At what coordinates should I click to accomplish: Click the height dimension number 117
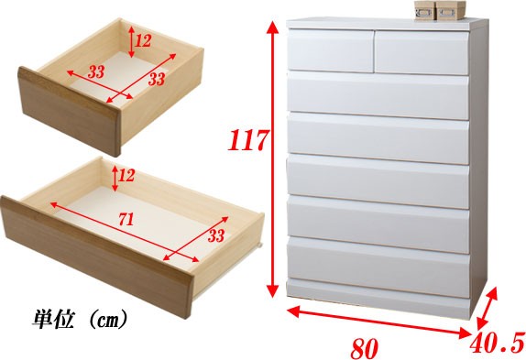pyautogui.click(x=248, y=140)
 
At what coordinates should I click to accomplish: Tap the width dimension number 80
pyautogui.click(x=365, y=349)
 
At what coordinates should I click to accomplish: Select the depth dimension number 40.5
pyautogui.click(x=497, y=343)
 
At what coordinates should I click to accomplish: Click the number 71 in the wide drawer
pyautogui.click(x=126, y=219)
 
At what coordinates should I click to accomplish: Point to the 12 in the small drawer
pyautogui.click(x=143, y=41)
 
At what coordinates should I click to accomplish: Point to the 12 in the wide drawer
pyautogui.click(x=126, y=175)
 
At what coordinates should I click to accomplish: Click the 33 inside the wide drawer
pyautogui.click(x=215, y=235)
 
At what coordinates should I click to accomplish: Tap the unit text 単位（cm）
pyautogui.click(x=80, y=319)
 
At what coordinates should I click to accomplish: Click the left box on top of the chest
pyautogui.click(x=424, y=10)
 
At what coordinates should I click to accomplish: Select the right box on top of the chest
pyautogui.click(x=451, y=11)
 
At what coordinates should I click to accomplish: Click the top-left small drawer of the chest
pyautogui.click(x=331, y=50)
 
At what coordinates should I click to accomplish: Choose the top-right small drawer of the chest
pyautogui.click(x=422, y=53)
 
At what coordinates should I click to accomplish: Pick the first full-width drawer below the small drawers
pyautogui.click(x=378, y=95)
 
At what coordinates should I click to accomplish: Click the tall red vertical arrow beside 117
pyautogui.click(x=274, y=159)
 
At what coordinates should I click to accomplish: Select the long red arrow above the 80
pyautogui.click(x=379, y=322)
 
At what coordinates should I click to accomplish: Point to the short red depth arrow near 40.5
pyautogui.click(x=488, y=309)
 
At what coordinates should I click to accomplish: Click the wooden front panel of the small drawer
pyautogui.click(x=69, y=112)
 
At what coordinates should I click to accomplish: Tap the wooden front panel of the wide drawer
pyautogui.click(x=97, y=257)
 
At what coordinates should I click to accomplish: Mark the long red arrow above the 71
pyautogui.click(x=125, y=232)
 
